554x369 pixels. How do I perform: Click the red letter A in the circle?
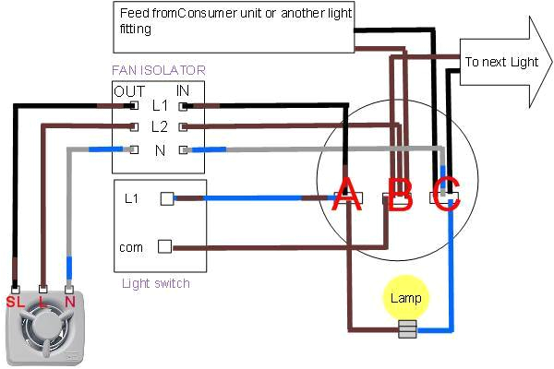tap(347, 195)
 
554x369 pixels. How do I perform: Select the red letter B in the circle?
tap(400, 195)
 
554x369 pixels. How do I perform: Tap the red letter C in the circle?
tap(447, 195)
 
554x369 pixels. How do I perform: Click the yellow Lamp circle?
tap(406, 298)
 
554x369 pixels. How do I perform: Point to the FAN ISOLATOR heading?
tap(159, 70)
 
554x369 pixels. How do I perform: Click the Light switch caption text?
tap(156, 283)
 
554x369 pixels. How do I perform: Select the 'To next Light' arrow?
tap(503, 63)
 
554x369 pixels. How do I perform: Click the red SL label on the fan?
tap(16, 302)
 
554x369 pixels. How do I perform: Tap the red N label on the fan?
tap(70, 302)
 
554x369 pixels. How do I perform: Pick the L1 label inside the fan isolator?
tap(160, 107)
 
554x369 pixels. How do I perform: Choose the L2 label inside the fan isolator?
tap(160, 126)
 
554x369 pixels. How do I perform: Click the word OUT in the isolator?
tap(129, 90)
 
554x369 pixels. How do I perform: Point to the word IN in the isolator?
tap(185, 90)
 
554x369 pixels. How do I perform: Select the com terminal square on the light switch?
tap(165, 246)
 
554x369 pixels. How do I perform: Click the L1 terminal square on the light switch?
tap(167, 197)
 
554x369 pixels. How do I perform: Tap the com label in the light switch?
tap(130, 247)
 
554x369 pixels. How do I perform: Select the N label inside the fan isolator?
tap(161, 149)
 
